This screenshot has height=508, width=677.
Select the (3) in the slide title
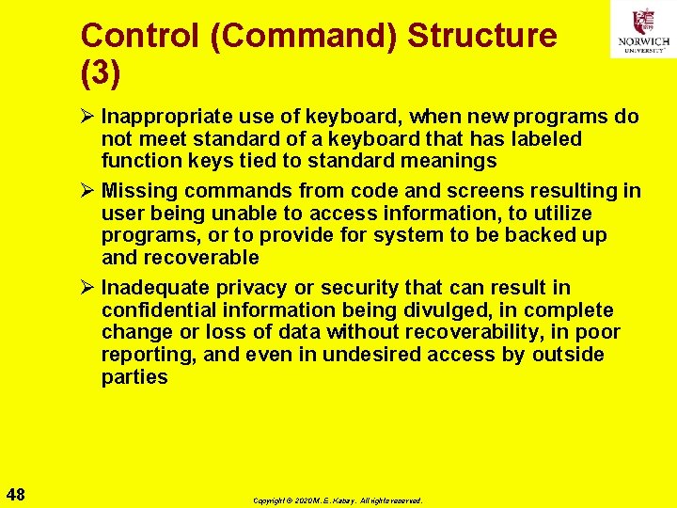point(101,73)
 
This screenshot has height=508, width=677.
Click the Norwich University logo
point(642,29)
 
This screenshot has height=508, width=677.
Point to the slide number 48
point(16,494)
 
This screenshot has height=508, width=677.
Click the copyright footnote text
point(338,500)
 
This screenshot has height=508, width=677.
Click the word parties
point(134,377)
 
